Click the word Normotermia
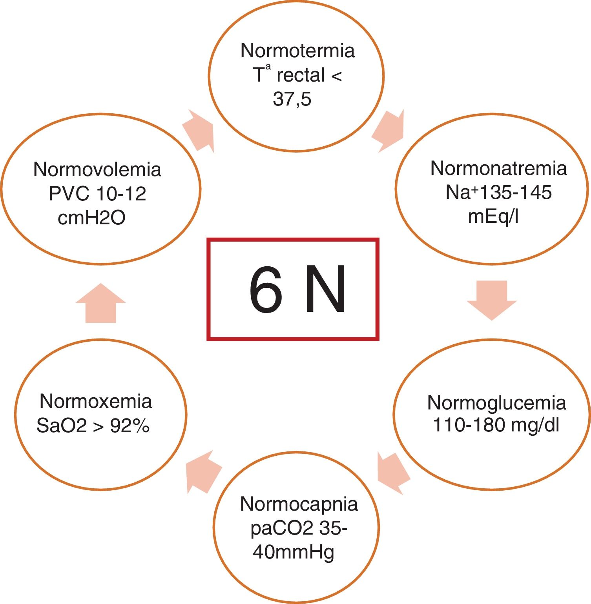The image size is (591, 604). (x=297, y=51)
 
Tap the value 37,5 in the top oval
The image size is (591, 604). (x=292, y=99)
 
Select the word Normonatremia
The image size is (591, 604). (x=498, y=168)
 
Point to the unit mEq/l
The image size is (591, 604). (x=493, y=216)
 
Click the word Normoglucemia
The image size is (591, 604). (x=496, y=403)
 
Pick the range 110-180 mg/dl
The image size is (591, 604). (x=496, y=425)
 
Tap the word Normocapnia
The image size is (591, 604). (x=299, y=504)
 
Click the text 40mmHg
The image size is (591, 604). (x=293, y=552)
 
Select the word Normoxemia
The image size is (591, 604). (x=96, y=401)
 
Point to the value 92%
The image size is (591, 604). (x=130, y=426)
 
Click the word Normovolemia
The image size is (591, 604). (x=97, y=169)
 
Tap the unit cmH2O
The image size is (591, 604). (x=91, y=218)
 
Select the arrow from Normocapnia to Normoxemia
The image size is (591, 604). (x=202, y=472)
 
